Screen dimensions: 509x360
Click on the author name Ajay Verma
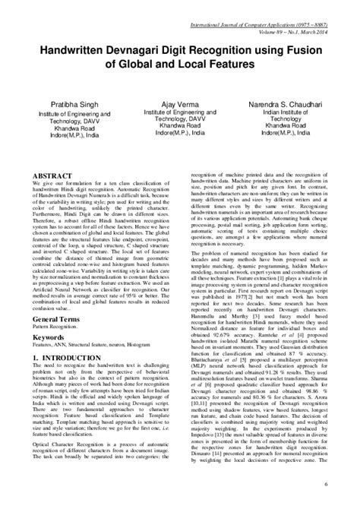[x=180, y=100]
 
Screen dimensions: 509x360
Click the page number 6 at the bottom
[x=346, y=484]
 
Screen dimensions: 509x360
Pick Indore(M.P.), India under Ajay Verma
[x=180, y=131]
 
